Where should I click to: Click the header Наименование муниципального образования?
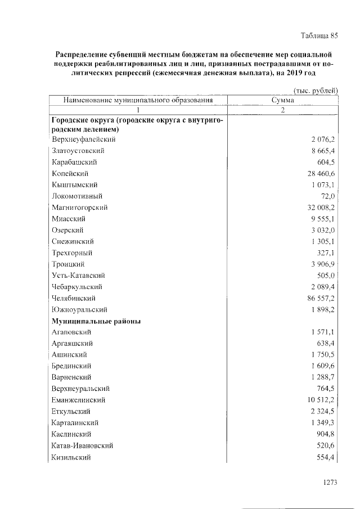[x=138, y=100]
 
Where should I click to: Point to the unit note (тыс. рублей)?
[x=316, y=90]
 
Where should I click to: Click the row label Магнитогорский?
[x=79, y=208]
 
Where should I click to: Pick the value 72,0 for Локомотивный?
[x=328, y=196]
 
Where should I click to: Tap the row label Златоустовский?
[x=78, y=151]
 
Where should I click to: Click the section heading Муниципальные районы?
[x=96, y=321]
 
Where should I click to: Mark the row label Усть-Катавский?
[x=78, y=276]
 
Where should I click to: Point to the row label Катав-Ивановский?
[x=82, y=445]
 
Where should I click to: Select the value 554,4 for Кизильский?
[x=326, y=457]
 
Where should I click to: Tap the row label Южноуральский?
[x=79, y=310]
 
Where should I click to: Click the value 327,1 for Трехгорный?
[x=326, y=253]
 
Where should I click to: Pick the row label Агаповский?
[x=71, y=332]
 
